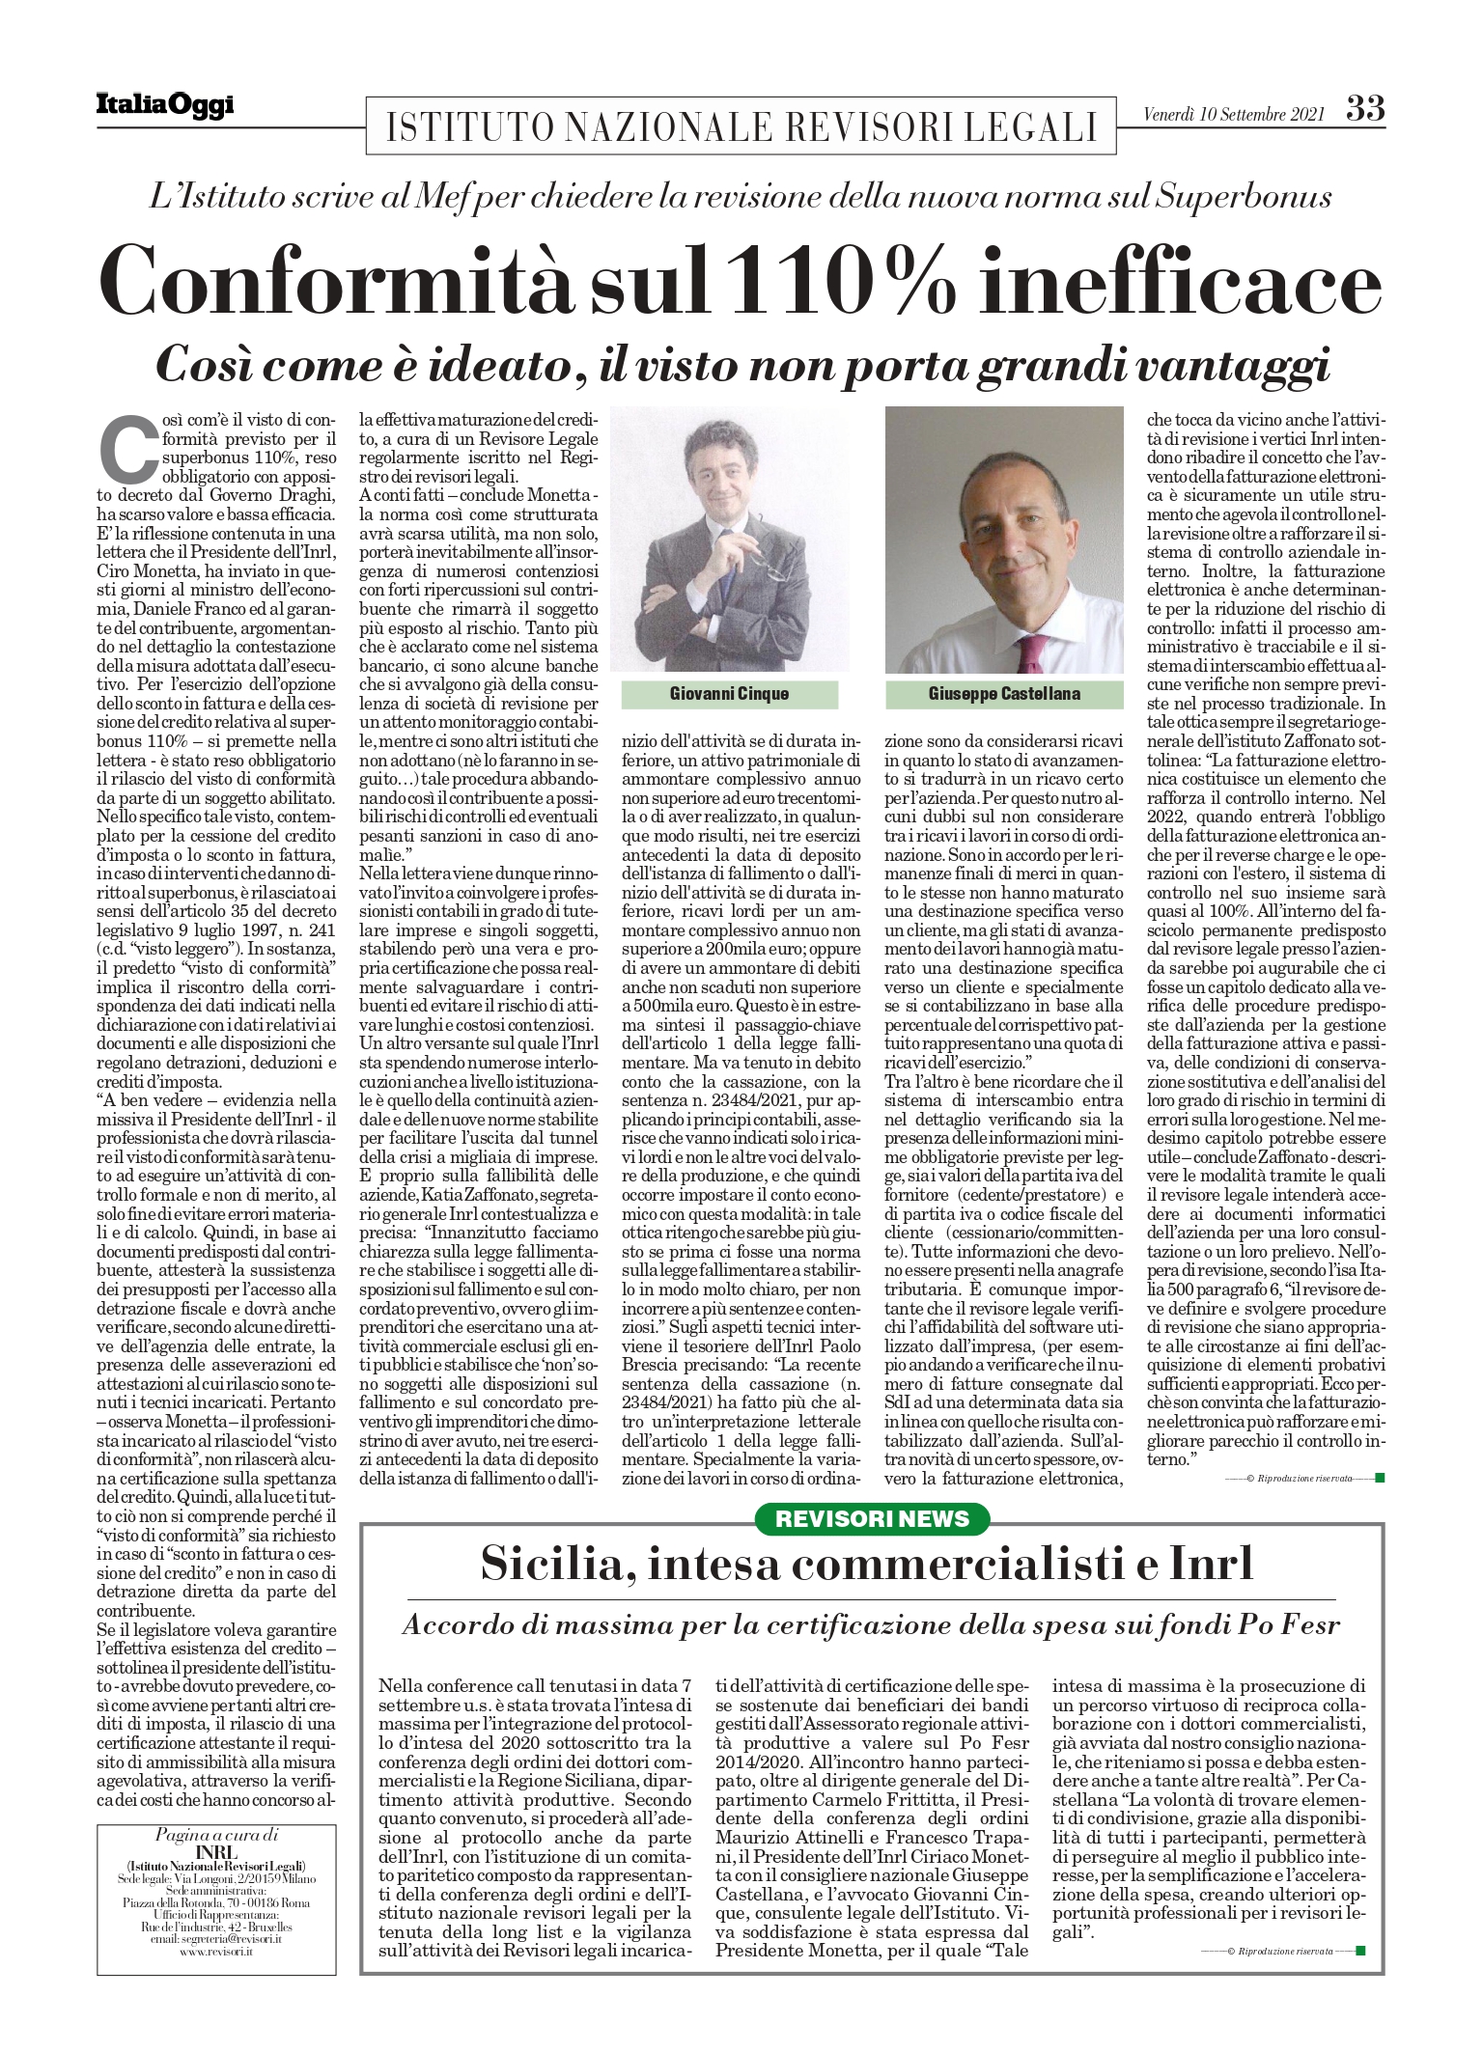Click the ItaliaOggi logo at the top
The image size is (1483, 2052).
point(163,104)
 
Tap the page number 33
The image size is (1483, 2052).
point(1365,109)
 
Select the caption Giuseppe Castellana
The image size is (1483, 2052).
point(1005,693)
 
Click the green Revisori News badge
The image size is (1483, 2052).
point(872,1518)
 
